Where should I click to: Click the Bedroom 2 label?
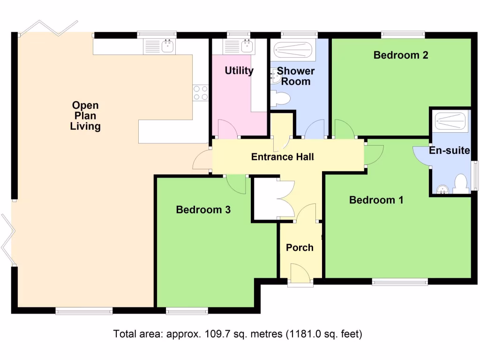[401, 55]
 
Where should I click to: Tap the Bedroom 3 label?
[203, 210]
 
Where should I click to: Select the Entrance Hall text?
[283, 157]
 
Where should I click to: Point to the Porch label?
[300, 247]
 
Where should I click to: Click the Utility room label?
[239, 71]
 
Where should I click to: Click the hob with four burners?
[201, 92]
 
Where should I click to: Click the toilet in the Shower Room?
[281, 99]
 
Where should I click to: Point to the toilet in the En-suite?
[462, 184]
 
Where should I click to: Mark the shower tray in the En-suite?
[450, 120]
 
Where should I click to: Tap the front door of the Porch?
[300, 273]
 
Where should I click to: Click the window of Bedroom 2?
[403, 34]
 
